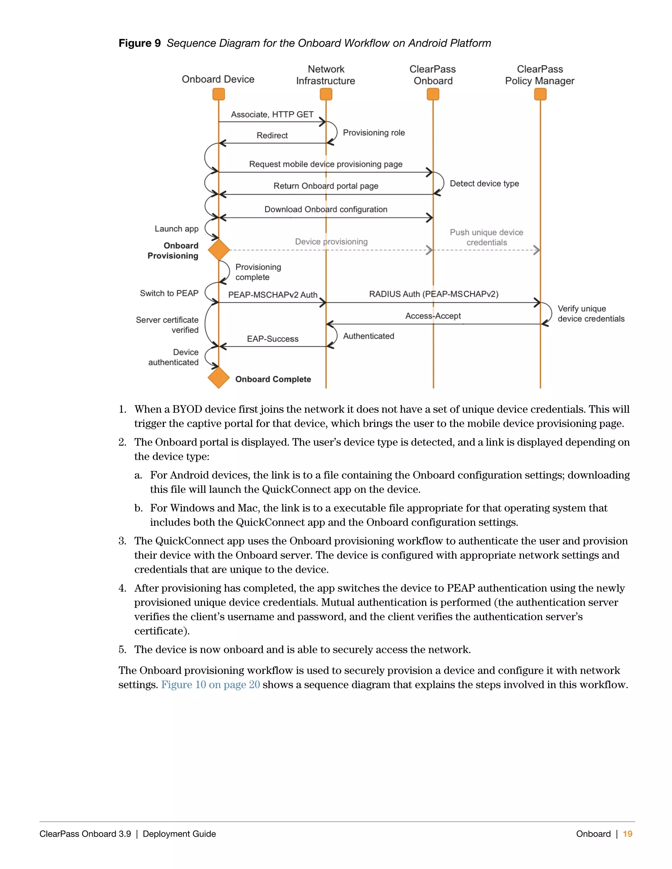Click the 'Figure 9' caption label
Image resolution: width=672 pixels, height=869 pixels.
[x=139, y=43]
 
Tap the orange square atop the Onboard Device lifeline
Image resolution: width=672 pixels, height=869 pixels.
[x=219, y=94]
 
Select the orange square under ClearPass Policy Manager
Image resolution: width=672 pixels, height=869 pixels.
[x=540, y=94]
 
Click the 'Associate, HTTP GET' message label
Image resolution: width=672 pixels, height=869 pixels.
[x=272, y=114]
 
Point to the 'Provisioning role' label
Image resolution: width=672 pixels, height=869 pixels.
[x=374, y=132]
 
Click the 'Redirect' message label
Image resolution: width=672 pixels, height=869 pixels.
[x=272, y=135]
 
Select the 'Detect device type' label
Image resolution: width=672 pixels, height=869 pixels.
[x=484, y=183]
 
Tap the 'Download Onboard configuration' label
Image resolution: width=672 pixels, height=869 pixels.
[x=325, y=209]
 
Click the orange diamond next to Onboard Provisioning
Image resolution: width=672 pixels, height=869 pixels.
[x=219, y=250]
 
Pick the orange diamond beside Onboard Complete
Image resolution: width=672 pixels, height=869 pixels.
[x=219, y=377]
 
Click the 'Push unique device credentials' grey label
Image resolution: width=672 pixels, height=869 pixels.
[x=487, y=237]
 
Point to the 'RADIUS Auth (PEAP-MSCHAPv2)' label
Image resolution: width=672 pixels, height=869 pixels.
[x=433, y=294]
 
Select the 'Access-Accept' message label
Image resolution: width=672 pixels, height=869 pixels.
[x=433, y=316]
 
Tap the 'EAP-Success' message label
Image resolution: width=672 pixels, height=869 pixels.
[x=273, y=339]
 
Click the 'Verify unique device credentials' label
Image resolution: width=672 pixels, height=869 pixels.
[x=591, y=313]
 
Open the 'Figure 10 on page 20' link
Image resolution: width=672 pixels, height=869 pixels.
[x=210, y=684]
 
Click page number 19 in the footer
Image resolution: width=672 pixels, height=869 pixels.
[x=627, y=834]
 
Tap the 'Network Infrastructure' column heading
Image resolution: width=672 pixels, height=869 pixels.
[x=325, y=75]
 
